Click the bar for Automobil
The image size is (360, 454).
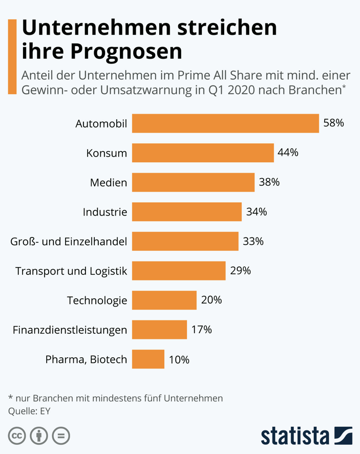225,123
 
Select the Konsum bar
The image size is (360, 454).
203,153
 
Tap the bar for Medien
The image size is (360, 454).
193,182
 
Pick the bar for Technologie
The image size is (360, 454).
164,300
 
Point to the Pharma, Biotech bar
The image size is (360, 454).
148,359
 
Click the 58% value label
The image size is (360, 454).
333,123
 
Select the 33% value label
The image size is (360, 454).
253,241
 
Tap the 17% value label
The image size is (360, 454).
201,330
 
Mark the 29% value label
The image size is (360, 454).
240,271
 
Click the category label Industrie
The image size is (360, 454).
105,212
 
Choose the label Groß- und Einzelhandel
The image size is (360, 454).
69,241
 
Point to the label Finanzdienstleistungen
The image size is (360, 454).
70,330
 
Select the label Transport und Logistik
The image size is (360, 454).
71,271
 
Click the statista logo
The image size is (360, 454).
306,436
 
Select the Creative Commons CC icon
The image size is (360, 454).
16,436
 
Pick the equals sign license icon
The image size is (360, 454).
61,436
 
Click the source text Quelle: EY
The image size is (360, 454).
30,410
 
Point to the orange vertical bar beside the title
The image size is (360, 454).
12,56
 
